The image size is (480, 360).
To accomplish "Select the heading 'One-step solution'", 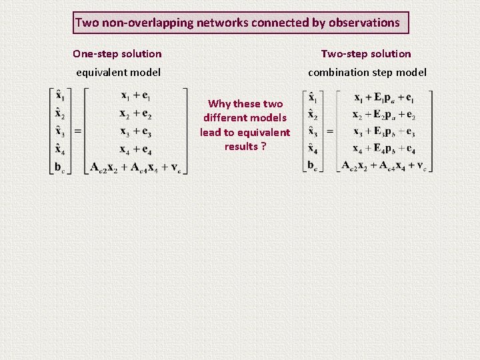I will point(117,53).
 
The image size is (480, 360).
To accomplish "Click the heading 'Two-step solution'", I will point(366,53).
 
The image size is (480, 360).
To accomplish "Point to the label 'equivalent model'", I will point(118,72).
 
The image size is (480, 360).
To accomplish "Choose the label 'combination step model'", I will point(367,72).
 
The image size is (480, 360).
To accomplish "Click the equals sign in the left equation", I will point(77,131).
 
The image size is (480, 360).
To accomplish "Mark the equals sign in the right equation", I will point(330,131).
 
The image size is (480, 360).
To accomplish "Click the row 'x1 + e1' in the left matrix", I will point(136,97).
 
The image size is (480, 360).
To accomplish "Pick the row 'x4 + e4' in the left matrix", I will point(136,149).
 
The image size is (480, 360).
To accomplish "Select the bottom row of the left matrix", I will point(136,167).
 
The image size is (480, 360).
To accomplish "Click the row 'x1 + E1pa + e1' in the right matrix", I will point(384,97).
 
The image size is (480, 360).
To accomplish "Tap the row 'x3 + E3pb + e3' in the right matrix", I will point(384,131).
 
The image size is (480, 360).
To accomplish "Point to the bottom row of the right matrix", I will point(384,166).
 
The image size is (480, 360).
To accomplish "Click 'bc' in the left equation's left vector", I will point(60,167).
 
